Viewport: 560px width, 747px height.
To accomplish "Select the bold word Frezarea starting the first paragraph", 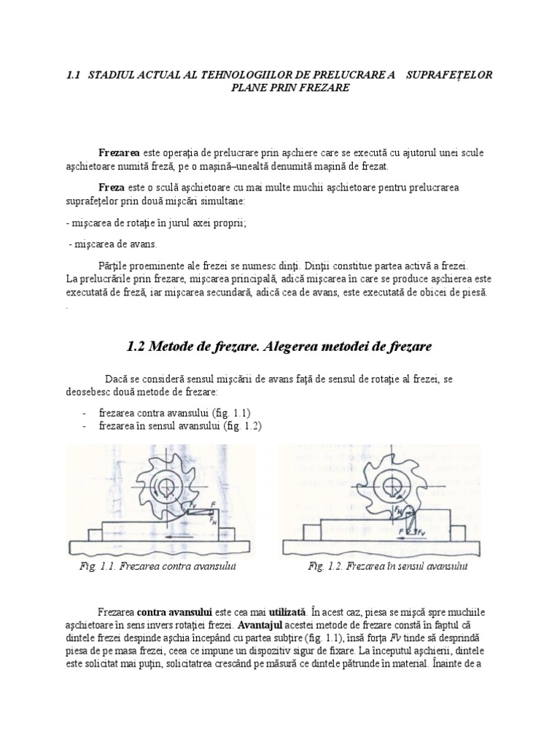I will coord(120,152).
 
